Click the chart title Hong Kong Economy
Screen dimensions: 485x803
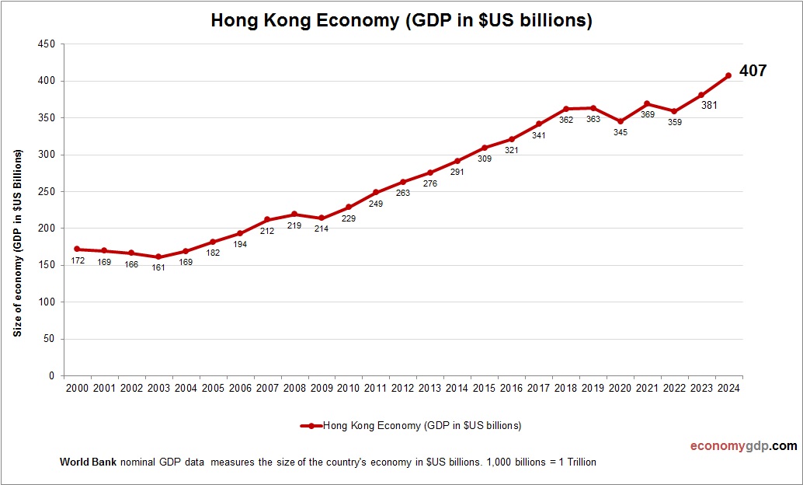click(x=401, y=21)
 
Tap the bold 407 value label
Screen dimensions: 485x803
click(x=753, y=71)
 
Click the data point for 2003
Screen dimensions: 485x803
click(x=158, y=257)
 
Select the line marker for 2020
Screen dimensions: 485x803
click(x=620, y=121)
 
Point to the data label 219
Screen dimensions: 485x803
click(x=294, y=225)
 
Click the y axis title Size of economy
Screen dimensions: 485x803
click(x=18, y=242)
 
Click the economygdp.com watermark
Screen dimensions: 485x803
click(x=743, y=446)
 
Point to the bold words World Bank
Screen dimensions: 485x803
click(x=88, y=462)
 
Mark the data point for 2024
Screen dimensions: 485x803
click(x=728, y=75)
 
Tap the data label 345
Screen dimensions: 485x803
click(x=620, y=133)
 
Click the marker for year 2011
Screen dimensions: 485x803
click(x=376, y=192)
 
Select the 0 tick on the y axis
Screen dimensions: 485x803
click(x=51, y=376)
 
